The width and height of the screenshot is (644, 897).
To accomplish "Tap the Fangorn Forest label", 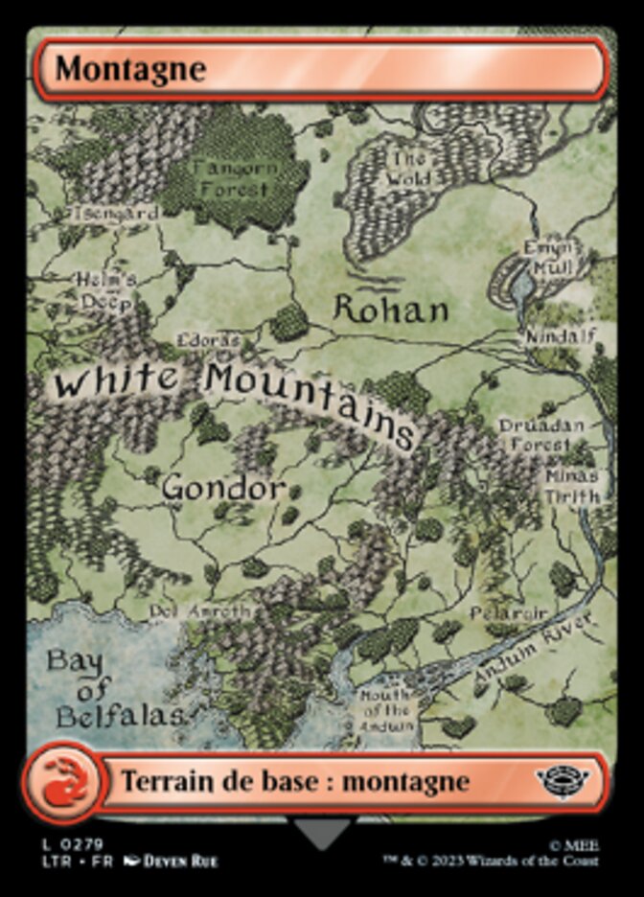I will [x=235, y=178].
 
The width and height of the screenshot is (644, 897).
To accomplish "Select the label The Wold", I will [x=407, y=169].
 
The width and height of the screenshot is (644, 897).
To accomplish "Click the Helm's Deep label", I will [x=106, y=290].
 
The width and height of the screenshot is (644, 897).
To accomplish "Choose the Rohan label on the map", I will [x=391, y=310].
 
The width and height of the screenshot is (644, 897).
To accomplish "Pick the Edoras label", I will [x=208, y=341].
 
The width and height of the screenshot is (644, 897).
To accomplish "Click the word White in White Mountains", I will [x=117, y=380].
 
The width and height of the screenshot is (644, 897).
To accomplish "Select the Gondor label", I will [x=223, y=488].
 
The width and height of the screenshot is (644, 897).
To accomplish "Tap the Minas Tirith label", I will [x=572, y=486].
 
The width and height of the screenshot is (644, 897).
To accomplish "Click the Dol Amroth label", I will [x=200, y=610].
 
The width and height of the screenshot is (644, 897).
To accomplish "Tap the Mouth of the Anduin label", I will [x=386, y=710].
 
